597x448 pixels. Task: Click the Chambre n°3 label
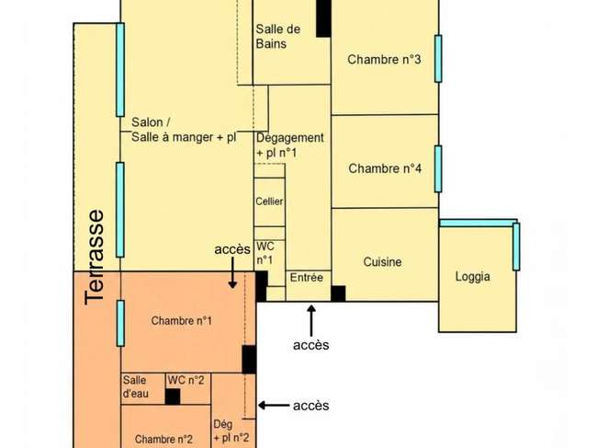click(384, 60)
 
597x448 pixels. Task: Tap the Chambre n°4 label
click(385, 168)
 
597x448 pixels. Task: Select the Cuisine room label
click(382, 262)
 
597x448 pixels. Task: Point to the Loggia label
click(472, 276)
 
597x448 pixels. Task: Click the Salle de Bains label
click(278, 36)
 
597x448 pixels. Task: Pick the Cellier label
click(269, 201)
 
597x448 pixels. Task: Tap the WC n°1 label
click(265, 253)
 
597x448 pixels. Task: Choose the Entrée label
click(307, 277)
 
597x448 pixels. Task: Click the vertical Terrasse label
click(94, 258)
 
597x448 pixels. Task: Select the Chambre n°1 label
click(181, 321)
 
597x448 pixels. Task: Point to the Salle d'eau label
click(136, 386)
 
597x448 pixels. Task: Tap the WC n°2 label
click(186, 380)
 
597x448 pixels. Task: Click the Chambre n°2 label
click(163, 439)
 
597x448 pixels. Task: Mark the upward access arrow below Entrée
click(311, 321)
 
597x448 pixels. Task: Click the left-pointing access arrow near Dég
click(274, 406)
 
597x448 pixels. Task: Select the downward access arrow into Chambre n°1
click(232, 272)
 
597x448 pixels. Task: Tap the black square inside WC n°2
click(173, 396)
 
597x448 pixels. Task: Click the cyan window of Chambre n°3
click(438, 59)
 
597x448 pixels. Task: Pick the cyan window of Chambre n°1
click(120, 323)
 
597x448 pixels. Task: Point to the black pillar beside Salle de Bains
click(323, 18)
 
